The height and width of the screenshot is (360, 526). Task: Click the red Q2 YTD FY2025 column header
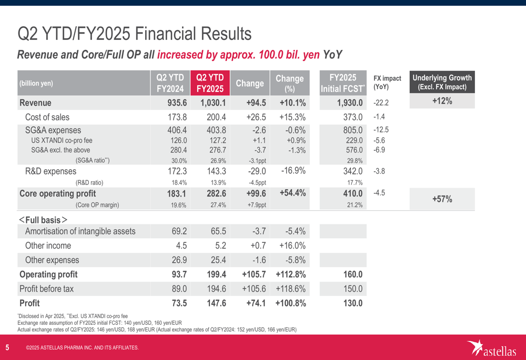[x=210, y=83]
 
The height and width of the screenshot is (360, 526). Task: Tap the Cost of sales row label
[x=47, y=117]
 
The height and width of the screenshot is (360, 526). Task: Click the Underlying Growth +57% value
[x=442, y=199]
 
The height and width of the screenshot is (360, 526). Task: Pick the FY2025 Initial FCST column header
[x=343, y=83]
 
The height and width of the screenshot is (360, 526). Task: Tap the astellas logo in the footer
[x=492, y=347]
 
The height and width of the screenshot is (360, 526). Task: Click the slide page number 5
[x=7, y=347]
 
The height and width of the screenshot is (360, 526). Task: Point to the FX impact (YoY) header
[x=387, y=82]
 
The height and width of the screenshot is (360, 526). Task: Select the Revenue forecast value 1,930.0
[x=345, y=102]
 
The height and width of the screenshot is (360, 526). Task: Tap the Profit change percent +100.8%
[x=290, y=303]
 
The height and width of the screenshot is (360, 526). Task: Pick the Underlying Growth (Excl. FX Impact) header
[x=442, y=83]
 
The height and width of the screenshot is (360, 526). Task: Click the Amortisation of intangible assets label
[x=80, y=231]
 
